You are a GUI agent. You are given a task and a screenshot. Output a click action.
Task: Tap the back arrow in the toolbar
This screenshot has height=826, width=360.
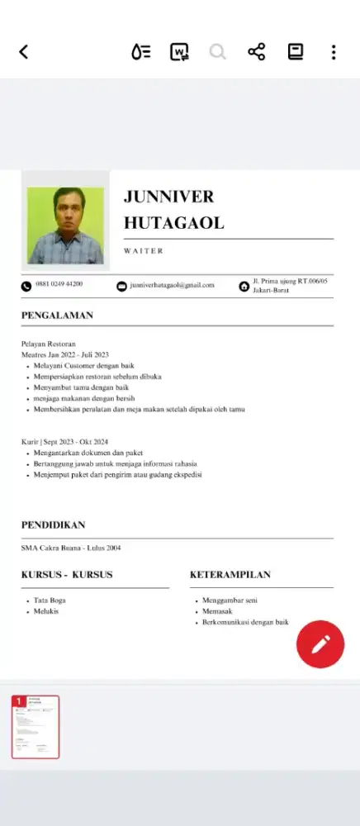tap(23, 52)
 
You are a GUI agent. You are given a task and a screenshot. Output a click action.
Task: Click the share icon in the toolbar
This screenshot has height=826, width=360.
tap(256, 52)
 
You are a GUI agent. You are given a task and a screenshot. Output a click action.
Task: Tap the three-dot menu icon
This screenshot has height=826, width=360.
tap(334, 52)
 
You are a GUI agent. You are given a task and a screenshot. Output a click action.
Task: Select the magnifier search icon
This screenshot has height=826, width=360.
tap(218, 52)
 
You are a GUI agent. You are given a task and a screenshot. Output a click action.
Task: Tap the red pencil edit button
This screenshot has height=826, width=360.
tap(320, 644)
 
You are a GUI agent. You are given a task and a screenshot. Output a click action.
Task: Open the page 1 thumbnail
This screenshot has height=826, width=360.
tap(36, 727)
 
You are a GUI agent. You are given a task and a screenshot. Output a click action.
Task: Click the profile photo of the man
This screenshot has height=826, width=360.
tap(66, 225)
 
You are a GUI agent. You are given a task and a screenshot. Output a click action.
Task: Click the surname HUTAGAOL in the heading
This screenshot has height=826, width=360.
tap(173, 223)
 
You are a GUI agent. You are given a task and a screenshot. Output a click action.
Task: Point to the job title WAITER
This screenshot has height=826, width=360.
tap(144, 250)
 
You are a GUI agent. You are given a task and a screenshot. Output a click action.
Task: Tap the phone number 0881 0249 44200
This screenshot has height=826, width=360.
tap(59, 284)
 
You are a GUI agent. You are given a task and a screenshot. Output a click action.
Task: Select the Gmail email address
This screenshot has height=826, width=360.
tap(172, 285)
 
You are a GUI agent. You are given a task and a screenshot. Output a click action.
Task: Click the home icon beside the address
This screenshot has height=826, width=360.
tap(244, 286)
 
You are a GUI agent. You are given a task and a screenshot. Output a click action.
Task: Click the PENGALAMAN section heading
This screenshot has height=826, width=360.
tap(57, 315)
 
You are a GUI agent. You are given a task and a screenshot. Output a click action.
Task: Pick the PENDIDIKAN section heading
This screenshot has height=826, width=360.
tap(53, 525)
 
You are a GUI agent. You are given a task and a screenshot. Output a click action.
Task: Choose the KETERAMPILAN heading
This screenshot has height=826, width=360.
tap(230, 574)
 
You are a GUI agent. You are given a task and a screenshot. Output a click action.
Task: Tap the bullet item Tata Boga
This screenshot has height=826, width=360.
tap(50, 600)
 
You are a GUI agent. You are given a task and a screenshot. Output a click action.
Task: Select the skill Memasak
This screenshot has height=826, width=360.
tap(217, 611)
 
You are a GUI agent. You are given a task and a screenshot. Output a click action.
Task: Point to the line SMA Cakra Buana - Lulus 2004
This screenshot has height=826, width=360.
tap(71, 548)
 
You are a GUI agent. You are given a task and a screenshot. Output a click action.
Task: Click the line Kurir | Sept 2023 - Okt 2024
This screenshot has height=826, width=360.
tap(65, 442)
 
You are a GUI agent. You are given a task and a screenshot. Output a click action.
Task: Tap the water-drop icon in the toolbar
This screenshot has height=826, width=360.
tap(141, 52)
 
